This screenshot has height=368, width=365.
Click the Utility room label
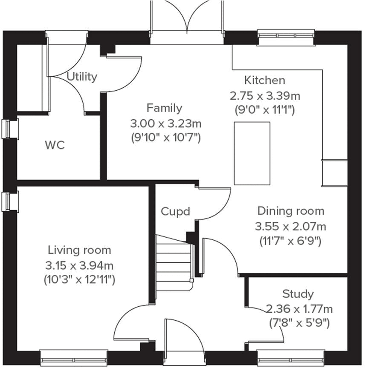click(x=82, y=77)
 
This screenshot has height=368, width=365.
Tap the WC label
click(x=55, y=145)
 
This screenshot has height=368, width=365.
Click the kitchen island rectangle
click(x=252, y=153)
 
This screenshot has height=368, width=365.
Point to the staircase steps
click(x=173, y=260)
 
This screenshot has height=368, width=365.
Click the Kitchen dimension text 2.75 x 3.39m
click(x=264, y=95)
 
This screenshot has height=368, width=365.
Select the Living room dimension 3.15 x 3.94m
click(x=79, y=265)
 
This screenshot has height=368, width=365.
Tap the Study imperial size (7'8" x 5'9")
click(x=298, y=323)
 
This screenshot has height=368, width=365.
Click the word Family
click(x=164, y=108)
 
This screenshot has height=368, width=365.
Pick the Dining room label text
click(x=290, y=211)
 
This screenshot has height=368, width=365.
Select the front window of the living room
click(x=73, y=355)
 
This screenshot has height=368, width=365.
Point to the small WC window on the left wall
click(x=10, y=129)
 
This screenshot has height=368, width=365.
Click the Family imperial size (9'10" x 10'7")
click(x=165, y=138)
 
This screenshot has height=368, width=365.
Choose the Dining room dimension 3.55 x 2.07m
click(x=290, y=226)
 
